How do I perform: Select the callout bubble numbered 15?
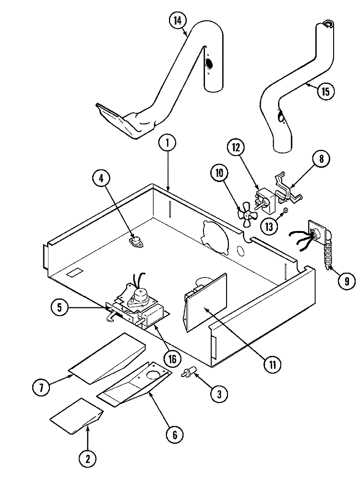[325, 91]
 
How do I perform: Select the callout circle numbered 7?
[42, 388]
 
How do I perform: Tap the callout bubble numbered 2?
[87, 459]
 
